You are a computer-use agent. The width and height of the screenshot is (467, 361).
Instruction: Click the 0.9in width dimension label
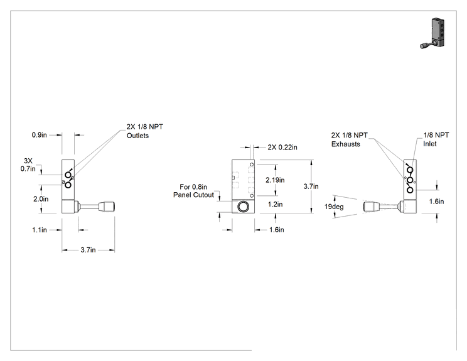[x=40, y=135]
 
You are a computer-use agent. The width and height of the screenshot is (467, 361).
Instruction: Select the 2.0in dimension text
[x=41, y=199]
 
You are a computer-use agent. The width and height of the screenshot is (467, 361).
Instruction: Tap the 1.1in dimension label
[x=40, y=230]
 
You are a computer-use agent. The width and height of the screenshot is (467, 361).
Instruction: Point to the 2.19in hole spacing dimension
[x=275, y=180]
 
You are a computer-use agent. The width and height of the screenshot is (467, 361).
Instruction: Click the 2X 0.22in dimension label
[x=282, y=147]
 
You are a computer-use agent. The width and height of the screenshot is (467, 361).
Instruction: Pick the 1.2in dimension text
[x=275, y=204]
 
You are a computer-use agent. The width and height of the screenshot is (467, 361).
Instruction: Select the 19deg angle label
[x=334, y=207]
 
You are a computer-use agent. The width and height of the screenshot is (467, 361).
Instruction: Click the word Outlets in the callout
[x=137, y=136]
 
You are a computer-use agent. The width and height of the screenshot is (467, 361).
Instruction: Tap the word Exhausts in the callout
[x=345, y=144]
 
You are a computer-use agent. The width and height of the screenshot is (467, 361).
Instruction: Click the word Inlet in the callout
[x=430, y=144]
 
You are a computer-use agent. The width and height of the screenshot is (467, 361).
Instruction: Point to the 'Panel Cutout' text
[x=193, y=195]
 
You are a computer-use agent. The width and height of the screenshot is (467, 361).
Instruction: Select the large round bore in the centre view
[x=243, y=207]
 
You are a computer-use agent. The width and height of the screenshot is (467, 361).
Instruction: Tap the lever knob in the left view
[x=107, y=206]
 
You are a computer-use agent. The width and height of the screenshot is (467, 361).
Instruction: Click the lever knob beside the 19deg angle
[x=371, y=206]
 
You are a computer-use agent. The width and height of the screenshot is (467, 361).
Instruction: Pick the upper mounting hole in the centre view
[x=252, y=164]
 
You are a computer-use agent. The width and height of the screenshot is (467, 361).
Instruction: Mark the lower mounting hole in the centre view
[x=252, y=196]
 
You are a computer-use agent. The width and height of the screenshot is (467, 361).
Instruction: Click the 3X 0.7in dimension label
[x=28, y=164]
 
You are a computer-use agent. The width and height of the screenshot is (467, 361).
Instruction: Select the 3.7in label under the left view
[x=88, y=250]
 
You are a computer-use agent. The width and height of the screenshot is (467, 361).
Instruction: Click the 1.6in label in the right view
[x=437, y=202]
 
